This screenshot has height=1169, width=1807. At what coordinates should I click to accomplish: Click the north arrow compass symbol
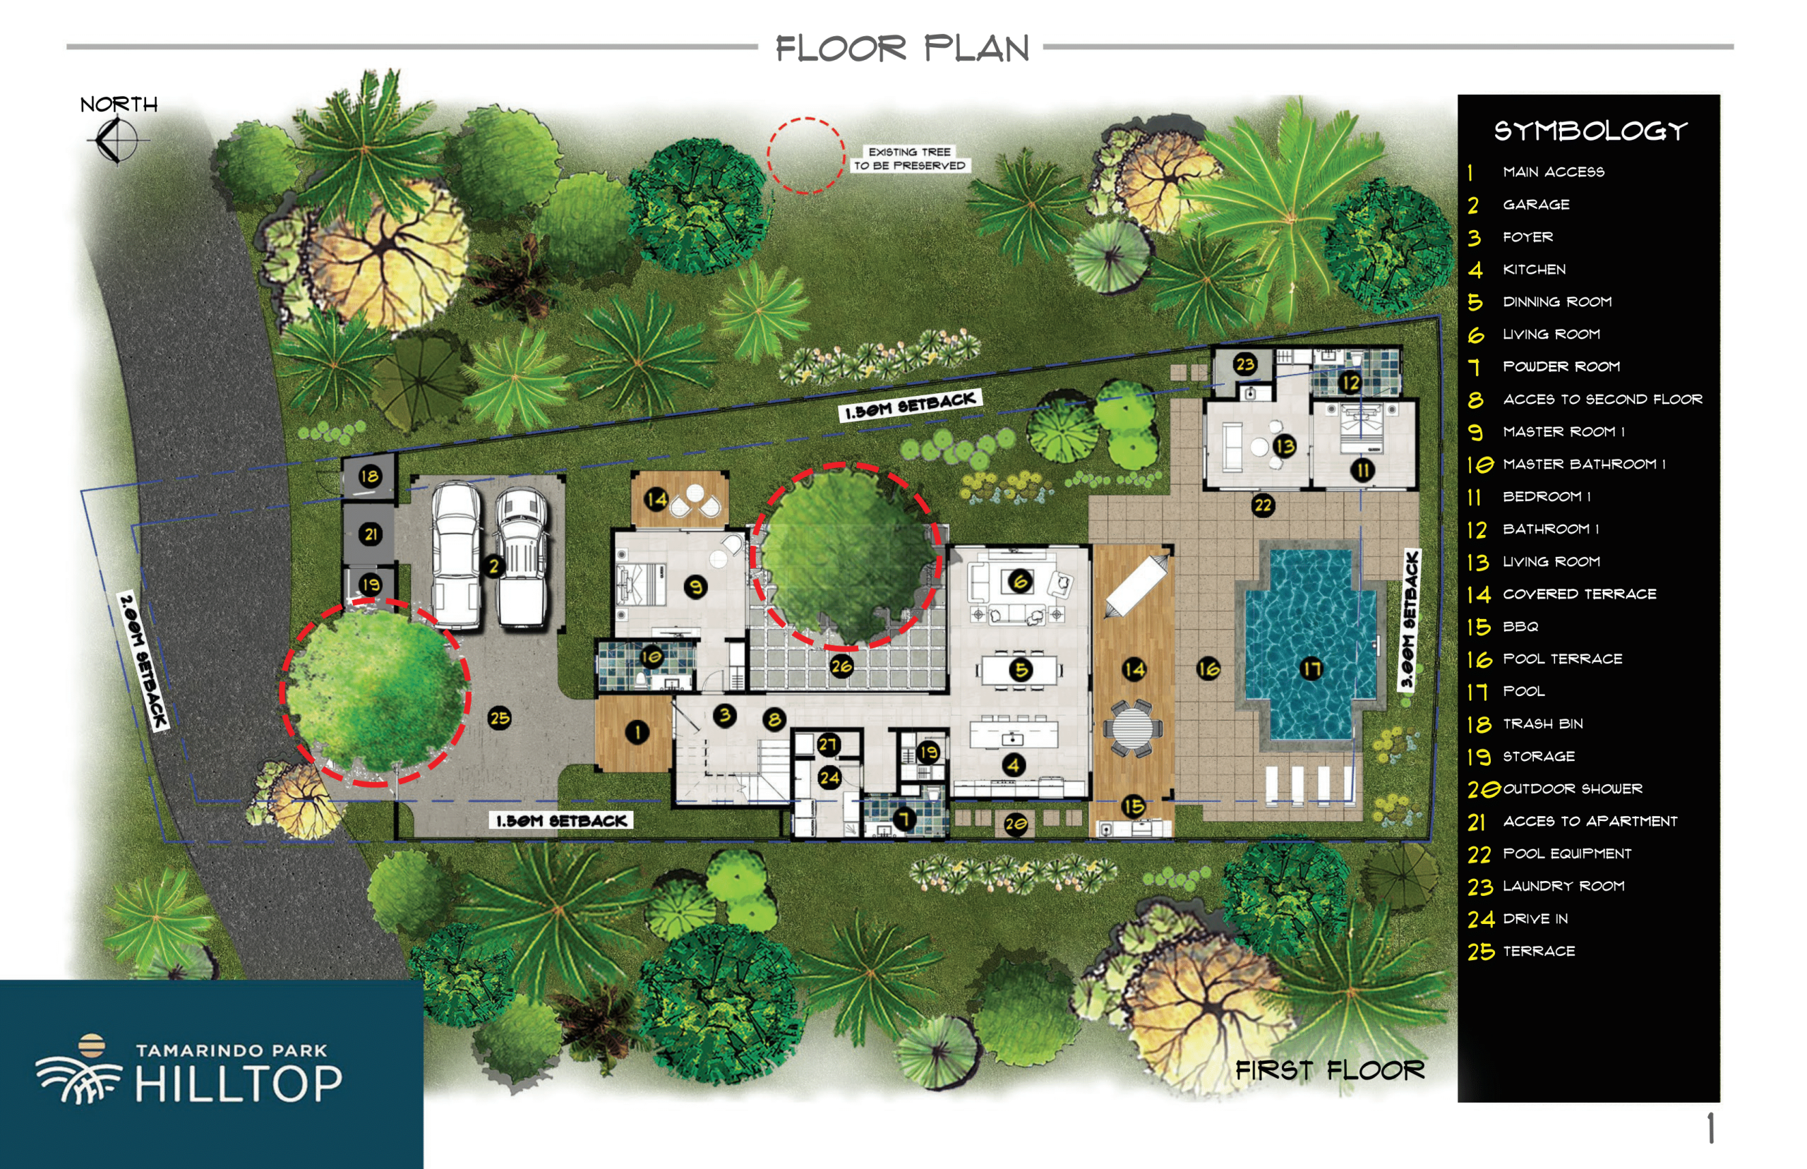point(116,140)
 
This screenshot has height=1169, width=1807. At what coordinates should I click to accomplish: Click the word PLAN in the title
point(977,49)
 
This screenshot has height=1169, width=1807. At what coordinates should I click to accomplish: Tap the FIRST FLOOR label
point(1330,1070)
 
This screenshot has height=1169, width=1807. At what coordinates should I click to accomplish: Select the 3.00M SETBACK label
point(1410,621)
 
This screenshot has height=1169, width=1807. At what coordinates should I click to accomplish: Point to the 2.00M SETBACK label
point(143,659)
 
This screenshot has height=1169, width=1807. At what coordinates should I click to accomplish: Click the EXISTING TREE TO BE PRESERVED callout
point(910,159)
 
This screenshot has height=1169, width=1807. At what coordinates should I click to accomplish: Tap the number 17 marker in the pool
point(1311,669)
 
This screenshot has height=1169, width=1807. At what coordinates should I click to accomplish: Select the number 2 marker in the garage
point(493,565)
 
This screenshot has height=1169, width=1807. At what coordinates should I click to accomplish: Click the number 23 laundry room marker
point(1244,364)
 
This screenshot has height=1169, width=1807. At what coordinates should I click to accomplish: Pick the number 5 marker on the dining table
point(1021,669)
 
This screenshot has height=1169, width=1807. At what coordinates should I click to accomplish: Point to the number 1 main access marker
point(637,732)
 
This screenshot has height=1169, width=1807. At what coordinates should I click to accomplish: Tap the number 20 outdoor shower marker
point(1016,824)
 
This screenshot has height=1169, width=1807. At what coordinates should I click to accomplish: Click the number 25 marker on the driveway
point(499,718)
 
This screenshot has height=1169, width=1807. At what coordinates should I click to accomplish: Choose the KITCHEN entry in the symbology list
point(1534,270)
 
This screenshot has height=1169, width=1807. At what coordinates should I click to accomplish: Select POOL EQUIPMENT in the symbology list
point(1566,854)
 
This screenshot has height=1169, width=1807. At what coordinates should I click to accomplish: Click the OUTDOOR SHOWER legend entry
point(1573,789)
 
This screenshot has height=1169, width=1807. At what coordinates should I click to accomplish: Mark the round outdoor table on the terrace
point(1131,728)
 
